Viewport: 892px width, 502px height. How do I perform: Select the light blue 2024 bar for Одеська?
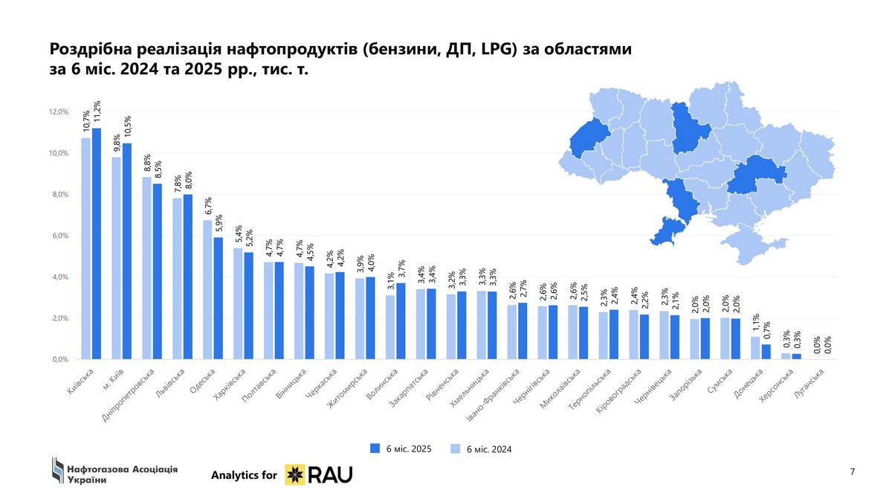pos(208,289)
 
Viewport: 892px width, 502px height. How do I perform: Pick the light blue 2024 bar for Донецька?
pos(755,348)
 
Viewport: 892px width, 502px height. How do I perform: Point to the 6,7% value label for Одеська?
pos(208,206)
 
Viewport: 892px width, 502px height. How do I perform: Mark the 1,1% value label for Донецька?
pos(755,324)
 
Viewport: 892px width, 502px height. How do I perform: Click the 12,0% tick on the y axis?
pos(58,112)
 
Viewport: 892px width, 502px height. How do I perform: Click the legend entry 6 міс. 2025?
pos(401,448)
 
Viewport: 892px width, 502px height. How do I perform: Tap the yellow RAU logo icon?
pos(296,474)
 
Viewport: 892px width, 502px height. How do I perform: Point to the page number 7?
pos(852,472)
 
